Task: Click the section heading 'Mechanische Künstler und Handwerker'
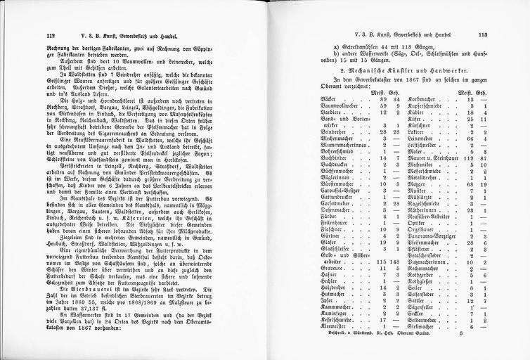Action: [x=400, y=71]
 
